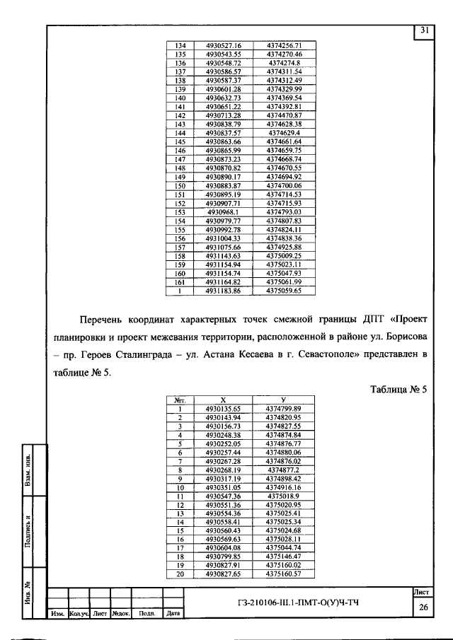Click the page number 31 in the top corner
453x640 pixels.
(424, 30)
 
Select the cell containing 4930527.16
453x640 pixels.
(224, 45)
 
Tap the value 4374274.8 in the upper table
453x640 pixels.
(284, 63)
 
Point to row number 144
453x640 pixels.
(180, 132)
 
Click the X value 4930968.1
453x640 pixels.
(224, 211)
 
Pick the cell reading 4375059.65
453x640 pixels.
(284, 290)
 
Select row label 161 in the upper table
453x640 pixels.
(180, 281)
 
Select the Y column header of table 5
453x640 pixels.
(283, 400)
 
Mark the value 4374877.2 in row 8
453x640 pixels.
(283, 470)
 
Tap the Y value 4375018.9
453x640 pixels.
(283, 497)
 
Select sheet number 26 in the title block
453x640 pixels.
(424, 607)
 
